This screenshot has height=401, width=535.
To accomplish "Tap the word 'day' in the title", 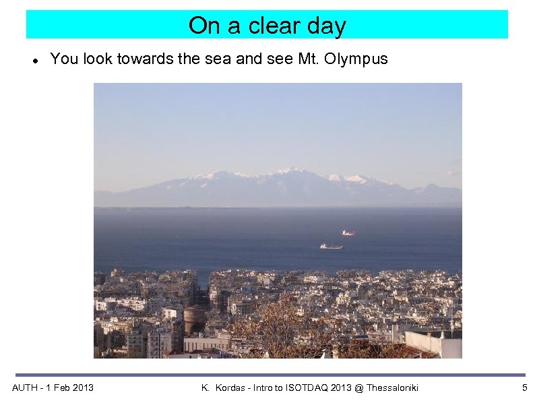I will pos(327,26).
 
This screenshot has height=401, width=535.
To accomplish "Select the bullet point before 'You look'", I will pos(34,60).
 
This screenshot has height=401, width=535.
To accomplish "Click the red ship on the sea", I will pos(348,233).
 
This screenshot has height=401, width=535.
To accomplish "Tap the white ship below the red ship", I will pos(331,246).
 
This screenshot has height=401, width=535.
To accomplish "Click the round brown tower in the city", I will pos(194,317).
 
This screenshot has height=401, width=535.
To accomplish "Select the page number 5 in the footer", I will pos(524,388).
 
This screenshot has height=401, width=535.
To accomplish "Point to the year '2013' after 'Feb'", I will pos(82,388).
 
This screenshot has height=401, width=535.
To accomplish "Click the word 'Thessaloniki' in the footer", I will pos(389,388).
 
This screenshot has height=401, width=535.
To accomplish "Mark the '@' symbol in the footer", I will pos(354,388).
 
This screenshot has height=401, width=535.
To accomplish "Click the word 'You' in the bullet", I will pos(63,59).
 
